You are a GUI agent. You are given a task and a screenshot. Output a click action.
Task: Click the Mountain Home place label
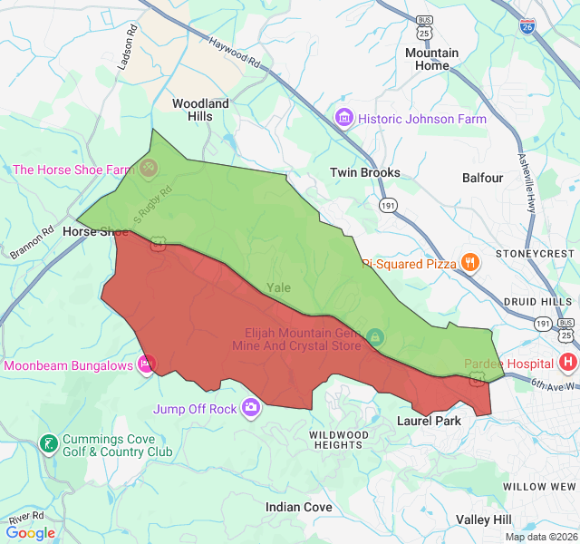432,59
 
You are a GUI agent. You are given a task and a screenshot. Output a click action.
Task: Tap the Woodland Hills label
200,110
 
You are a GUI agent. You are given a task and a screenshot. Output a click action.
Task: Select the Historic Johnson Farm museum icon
343,119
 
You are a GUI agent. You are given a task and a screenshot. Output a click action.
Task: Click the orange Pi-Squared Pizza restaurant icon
469,263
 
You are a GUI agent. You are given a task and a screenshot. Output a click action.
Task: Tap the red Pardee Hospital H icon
568,364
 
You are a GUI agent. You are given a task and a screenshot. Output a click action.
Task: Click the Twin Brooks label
364,172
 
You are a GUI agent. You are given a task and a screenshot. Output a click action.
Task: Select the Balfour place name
482,179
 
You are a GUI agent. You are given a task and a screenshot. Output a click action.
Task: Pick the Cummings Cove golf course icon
48,444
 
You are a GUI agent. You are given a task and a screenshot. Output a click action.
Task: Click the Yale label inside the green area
279,287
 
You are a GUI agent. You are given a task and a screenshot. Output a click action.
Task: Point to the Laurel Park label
430,421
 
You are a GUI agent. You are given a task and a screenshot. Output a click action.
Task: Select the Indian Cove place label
298,507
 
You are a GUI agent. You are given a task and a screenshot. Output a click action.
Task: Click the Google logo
30,533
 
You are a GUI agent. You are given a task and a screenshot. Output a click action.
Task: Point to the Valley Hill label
484,520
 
